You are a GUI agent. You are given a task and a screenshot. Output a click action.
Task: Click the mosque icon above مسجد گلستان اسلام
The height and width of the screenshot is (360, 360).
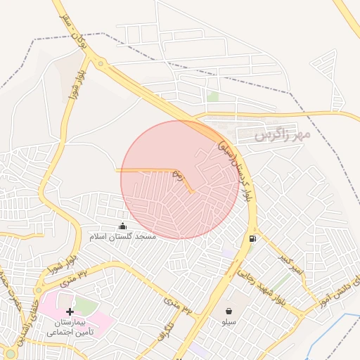click(123, 226)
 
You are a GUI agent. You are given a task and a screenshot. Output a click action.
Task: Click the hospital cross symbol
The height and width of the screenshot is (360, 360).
click(69, 311)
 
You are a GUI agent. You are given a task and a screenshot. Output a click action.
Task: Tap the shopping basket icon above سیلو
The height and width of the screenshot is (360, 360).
click(229, 311)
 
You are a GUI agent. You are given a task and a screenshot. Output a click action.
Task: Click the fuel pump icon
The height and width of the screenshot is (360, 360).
click(252, 238)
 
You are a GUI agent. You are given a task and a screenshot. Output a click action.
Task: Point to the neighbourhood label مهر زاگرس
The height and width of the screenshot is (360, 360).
click(283, 132)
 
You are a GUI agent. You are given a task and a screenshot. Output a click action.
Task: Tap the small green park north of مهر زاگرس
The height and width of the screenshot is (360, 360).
click(212, 96)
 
